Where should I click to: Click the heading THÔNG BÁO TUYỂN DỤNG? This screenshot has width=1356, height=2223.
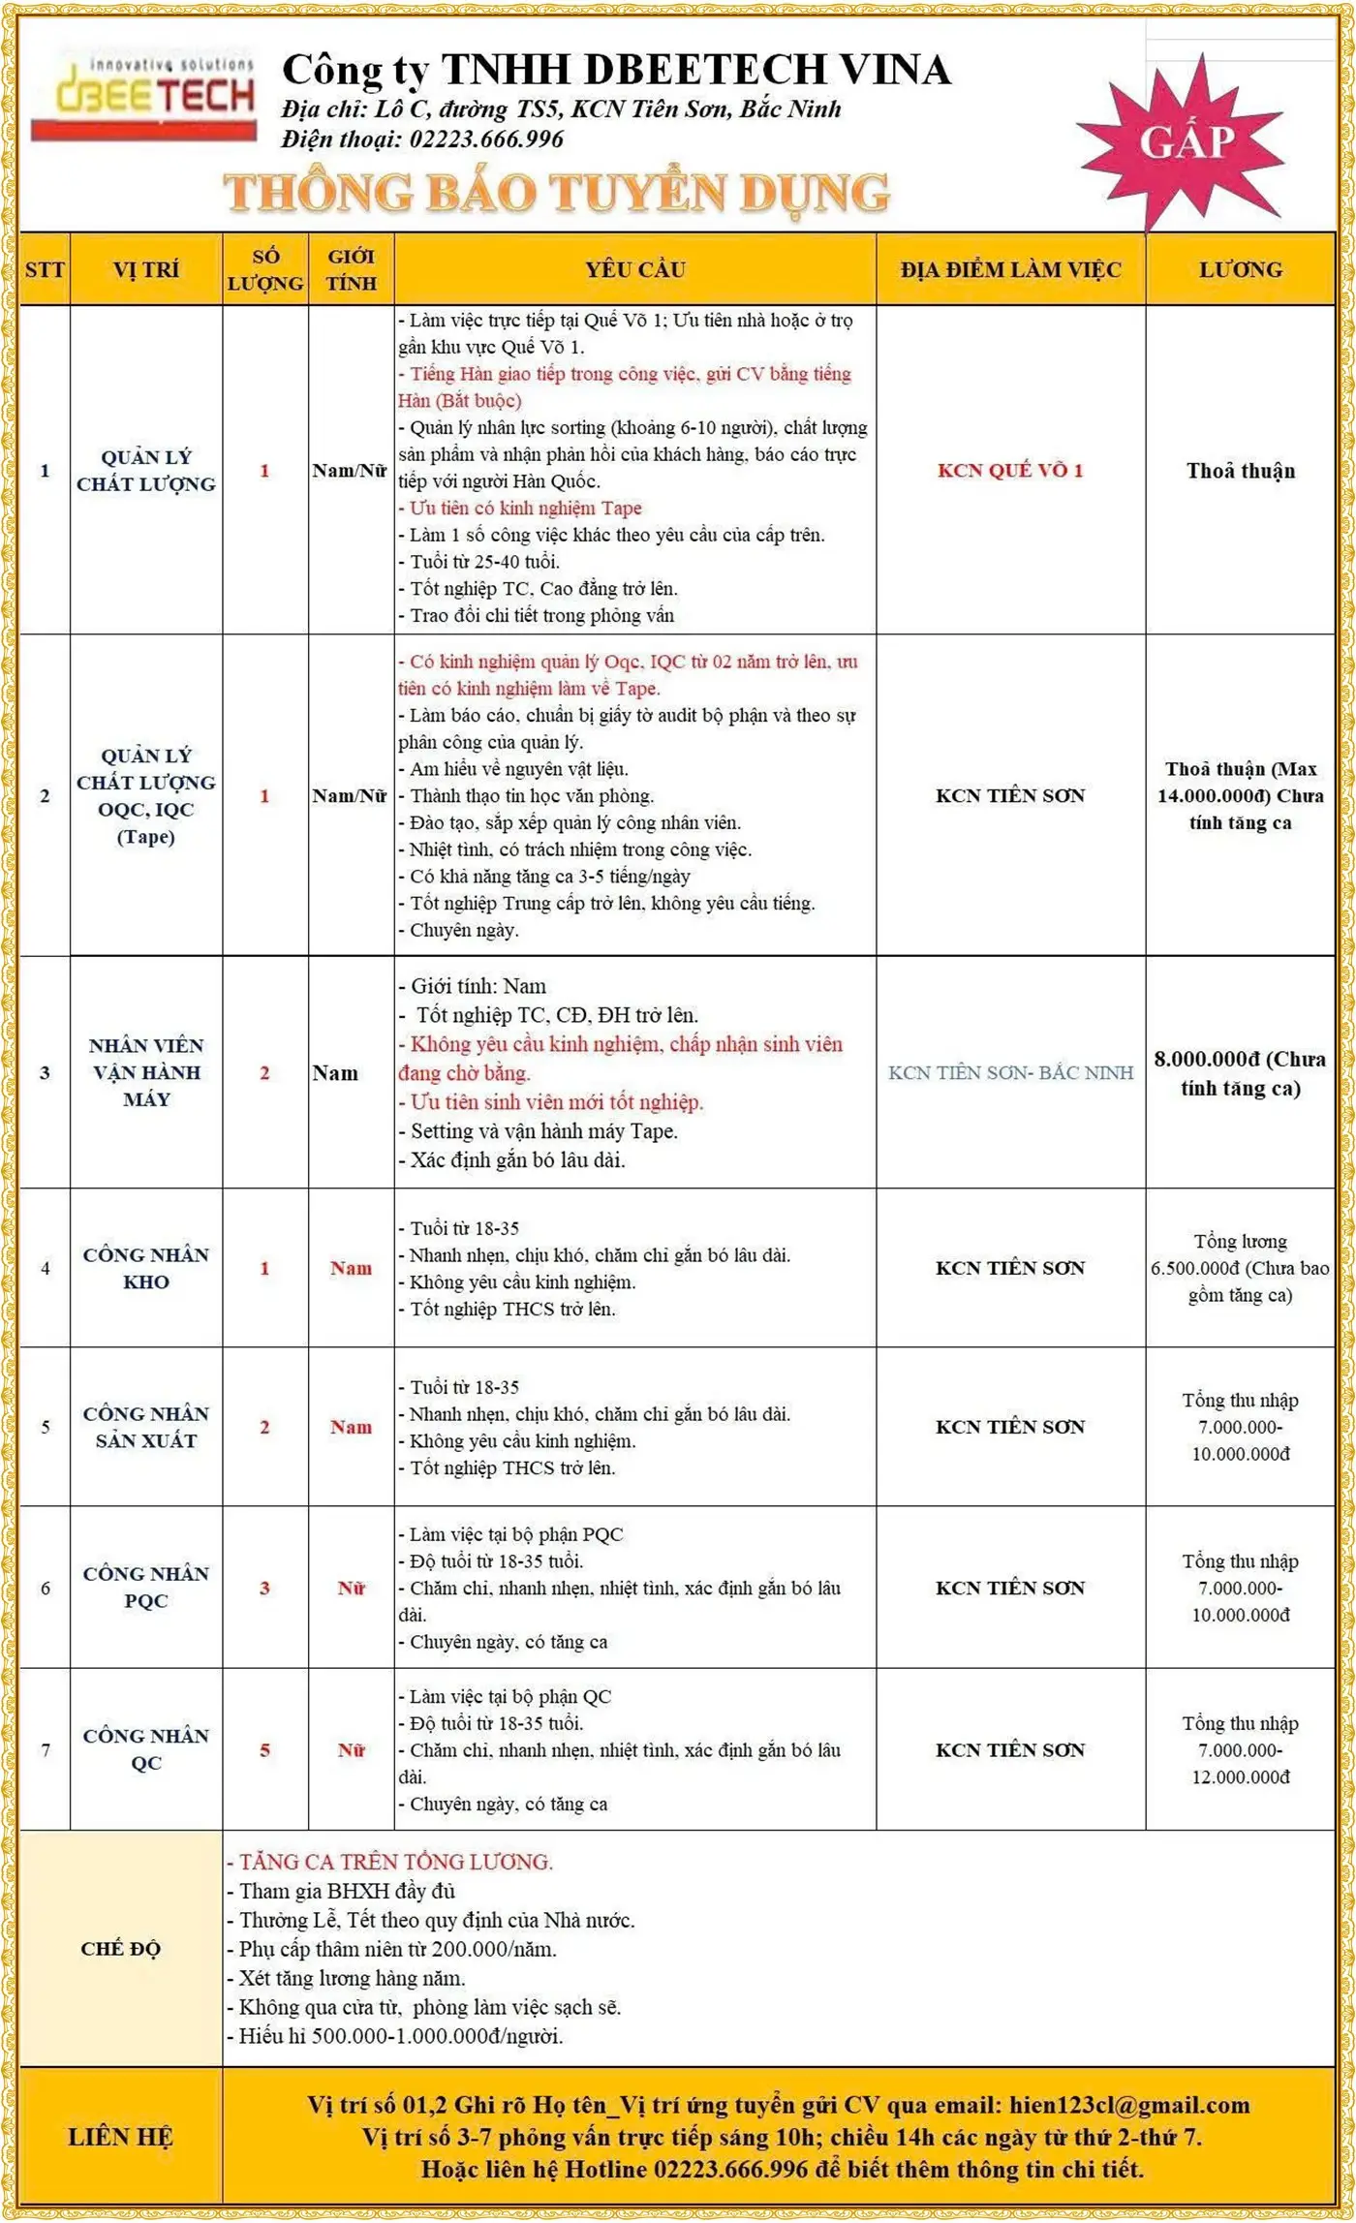pyautogui.click(x=557, y=192)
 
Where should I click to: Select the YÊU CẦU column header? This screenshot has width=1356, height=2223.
pyautogui.click(x=634, y=269)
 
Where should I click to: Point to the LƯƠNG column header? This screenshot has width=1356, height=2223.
pyautogui.click(x=1240, y=269)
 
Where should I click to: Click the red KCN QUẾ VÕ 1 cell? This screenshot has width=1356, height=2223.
pyautogui.click(x=1010, y=471)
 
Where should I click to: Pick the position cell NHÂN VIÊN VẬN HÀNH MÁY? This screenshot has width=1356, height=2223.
pyautogui.click(x=146, y=1071)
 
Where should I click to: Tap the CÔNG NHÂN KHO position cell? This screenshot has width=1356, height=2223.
pyautogui.click(x=146, y=1267)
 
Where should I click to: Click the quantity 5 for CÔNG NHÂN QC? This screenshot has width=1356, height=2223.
pyautogui.click(x=264, y=1749)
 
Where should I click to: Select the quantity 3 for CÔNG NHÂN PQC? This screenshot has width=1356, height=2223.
pyautogui.click(x=264, y=1588)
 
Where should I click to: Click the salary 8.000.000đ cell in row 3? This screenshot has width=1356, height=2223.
pyautogui.click(x=1240, y=1072)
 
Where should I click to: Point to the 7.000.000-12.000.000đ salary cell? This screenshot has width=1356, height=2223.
pyautogui.click(x=1240, y=1749)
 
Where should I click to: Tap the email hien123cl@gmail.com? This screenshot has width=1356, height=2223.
pyautogui.click(x=1128, y=2104)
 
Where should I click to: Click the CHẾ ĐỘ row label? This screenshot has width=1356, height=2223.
pyautogui.click(x=121, y=1948)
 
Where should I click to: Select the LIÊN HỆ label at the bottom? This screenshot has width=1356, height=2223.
pyautogui.click(x=121, y=2136)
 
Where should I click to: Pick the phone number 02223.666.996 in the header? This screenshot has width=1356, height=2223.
pyautogui.click(x=486, y=139)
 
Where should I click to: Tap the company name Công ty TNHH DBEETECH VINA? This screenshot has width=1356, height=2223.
pyautogui.click(x=616, y=70)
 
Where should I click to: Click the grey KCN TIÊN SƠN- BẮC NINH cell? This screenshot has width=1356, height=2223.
pyautogui.click(x=1010, y=1072)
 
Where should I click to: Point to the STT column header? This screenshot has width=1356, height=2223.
pyautogui.click(x=45, y=269)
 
